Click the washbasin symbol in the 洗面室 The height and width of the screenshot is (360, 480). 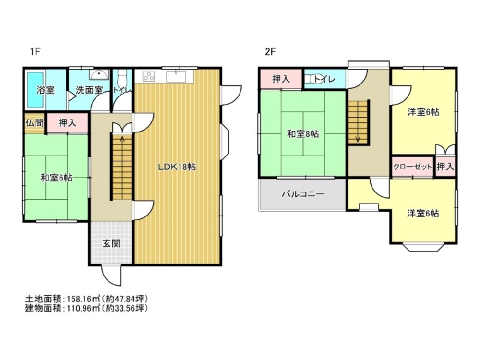(x=99, y=74)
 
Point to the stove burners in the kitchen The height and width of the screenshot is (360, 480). (x=149, y=77)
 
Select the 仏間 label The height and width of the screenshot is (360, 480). (x=34, y=122)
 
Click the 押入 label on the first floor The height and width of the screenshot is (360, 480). (x=67, y=123)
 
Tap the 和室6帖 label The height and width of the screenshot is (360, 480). (x=56, y=178)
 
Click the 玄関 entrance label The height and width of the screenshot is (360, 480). (x=111, y=243)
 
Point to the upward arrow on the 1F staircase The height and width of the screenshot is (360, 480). (x=122, y=140)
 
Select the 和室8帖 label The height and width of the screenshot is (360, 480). (x=303, y=134)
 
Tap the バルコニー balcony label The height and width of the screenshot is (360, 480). (x=303, y=194)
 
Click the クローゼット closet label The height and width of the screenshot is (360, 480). (x=412, y=167)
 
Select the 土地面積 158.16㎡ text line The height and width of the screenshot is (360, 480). (x=86, y=299)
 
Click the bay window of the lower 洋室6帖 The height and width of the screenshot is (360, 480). (x=422, y=247)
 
